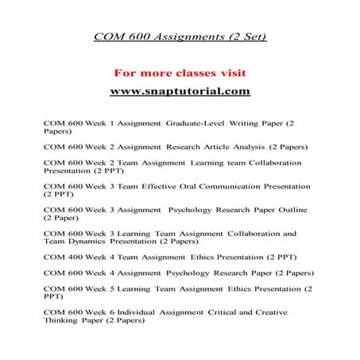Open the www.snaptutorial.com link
(180, 91)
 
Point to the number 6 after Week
(114, 312)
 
